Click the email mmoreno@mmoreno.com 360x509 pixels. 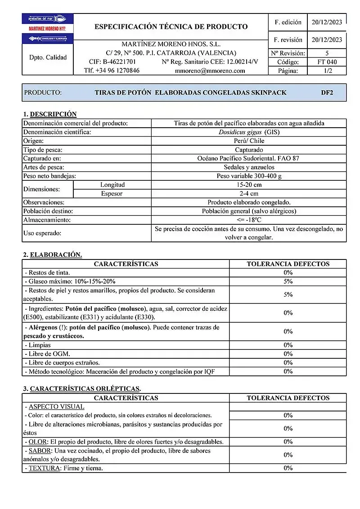[x=210, y=71]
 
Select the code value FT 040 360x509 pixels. [x=327, y=62]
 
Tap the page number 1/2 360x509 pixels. [x=327, y=71]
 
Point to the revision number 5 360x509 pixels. [x=327, y=53]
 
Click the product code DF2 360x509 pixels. [x=327, y=93]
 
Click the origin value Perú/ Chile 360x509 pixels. [x=249, y=141]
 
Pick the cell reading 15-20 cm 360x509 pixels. [x=249, y=185]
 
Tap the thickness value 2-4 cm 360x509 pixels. [x=249, y=194]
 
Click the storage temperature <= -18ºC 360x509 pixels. [x=249, y=220]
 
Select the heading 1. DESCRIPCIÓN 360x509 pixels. [x=50, y=114]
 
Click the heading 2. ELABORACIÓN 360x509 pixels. [x=53, y=255]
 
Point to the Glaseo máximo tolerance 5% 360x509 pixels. [x=288, y=281]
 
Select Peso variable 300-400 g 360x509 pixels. [x=249, y=176]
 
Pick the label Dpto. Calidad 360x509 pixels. [x=48, y=58]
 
